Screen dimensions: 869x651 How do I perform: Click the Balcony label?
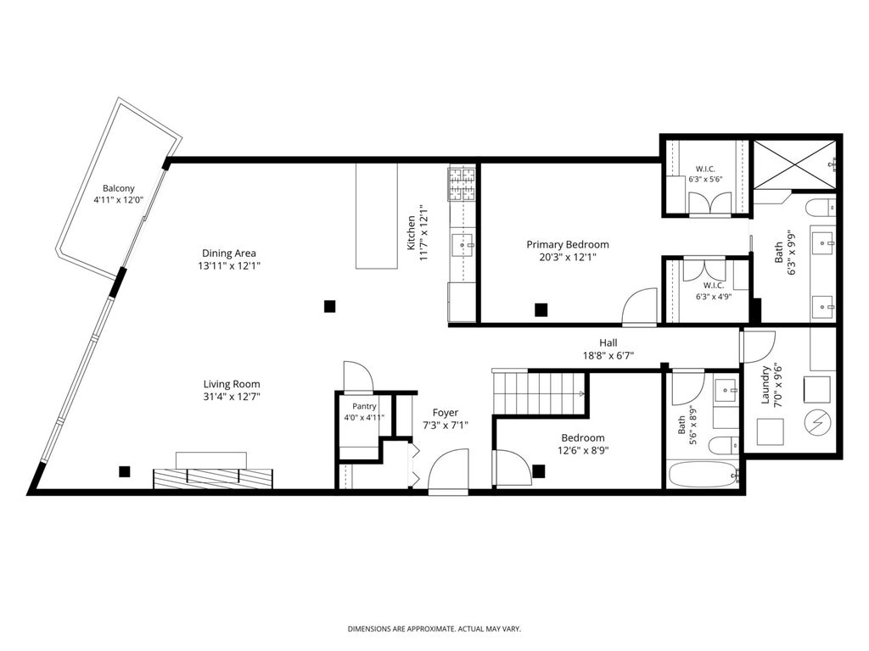pyautogui.click(x=118, y=188)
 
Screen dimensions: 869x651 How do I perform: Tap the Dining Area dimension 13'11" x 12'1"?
pyautogui.click(x=229, y=265)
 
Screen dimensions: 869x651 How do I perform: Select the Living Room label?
pyautogui.click(x=231, y=384)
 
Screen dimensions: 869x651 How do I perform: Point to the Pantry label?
pyautogui.click(x=364, y=406)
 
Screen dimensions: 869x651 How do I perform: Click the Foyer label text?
pyautogui.click(x=445, y=413)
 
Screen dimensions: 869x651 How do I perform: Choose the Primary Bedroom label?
pyautogui.click(x=568, y=245)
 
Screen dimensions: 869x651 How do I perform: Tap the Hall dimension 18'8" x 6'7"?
pyautogui.click(x=608, y=355)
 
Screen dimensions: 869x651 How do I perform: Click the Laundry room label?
pyautogui.click(x=765, y=385)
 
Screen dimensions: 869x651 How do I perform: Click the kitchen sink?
pyautogui.click(x=462, y=245)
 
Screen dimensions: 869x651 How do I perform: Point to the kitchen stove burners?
pyautogui.click(x=462, y=184)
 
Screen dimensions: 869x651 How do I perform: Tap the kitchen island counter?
pyautogui.click(x=377, y=216)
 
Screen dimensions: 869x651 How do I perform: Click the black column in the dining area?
pyautogui.click(x=330, y=306)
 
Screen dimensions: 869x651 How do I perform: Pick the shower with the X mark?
pyautogui.click(x=794, y=164)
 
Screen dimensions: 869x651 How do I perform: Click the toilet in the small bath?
pyautogui.click(x=724, y=444)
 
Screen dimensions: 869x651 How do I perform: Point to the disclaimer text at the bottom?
pyautogui.click(x=434, y=629)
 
